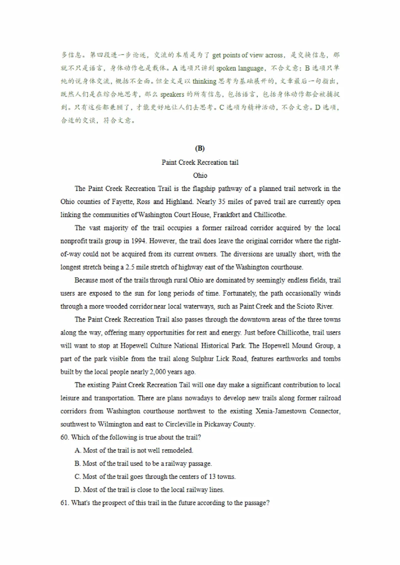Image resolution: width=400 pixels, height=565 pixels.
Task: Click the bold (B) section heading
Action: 200,149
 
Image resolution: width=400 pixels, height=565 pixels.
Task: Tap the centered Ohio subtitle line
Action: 200,175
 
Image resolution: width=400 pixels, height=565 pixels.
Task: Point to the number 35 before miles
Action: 222,202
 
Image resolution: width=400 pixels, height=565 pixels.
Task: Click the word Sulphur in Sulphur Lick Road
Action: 203,359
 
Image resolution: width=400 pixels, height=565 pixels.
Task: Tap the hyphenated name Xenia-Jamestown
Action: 281,411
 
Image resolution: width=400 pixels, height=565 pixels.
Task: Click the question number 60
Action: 64,437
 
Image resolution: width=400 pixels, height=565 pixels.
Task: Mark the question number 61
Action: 64,503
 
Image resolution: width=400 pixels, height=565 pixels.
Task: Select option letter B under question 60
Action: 77,464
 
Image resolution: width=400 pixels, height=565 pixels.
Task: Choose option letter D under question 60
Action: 77,490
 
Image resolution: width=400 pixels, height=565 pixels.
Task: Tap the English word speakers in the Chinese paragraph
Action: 172,94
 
